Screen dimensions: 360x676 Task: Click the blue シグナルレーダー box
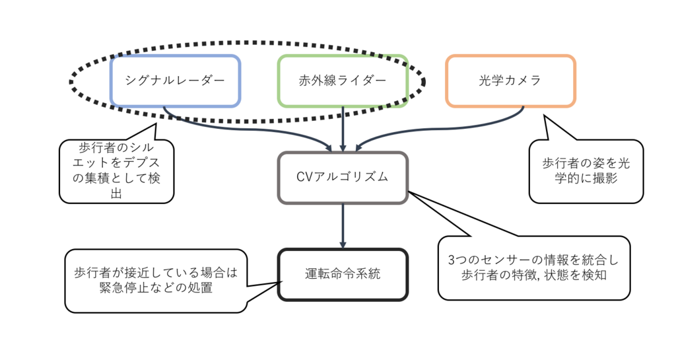(x=175, y=81)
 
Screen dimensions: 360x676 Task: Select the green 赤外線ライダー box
(x=342, y=81)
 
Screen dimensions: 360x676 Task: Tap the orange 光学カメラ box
(x=510, y=81)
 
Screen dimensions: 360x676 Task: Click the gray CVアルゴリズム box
(x=342, y=178)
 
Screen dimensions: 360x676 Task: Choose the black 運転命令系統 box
(x=342, y=273)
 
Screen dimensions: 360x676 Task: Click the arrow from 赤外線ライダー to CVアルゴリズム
(x=343, y=129)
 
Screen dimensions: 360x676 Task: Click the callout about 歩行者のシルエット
(x=116, y=170)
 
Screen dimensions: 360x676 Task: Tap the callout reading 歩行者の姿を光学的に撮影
(x=586, y=170)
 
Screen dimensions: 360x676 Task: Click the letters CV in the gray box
(x=305, y=178)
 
